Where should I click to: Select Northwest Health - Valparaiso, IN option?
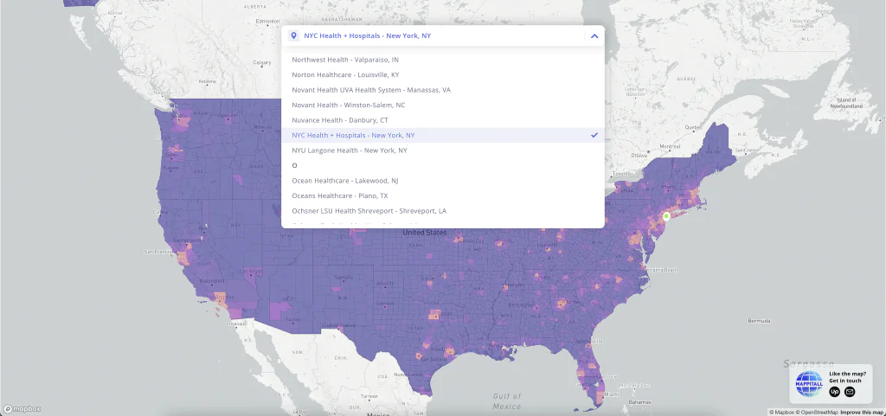[345, 60]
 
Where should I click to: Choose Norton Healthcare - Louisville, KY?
[345, 75]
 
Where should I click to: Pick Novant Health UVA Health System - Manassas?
[370, 90]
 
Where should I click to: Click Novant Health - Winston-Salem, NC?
[348, 105]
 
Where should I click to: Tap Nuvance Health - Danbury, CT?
[339, 120]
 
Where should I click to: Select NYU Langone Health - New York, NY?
[349, 150]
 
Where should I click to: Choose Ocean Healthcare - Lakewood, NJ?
[344, 181]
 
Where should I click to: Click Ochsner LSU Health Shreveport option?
[369, 211]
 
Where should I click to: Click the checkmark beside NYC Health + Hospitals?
[594, 135]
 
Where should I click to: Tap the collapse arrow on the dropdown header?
[594, 36]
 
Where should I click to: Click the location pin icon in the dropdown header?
[294, 36]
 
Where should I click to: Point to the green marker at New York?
[666, 216]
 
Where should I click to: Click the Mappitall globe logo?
[809, 384]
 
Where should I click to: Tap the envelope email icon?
[850, 392]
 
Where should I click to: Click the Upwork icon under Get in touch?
[835, 392]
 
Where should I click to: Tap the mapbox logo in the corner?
[22, 408]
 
